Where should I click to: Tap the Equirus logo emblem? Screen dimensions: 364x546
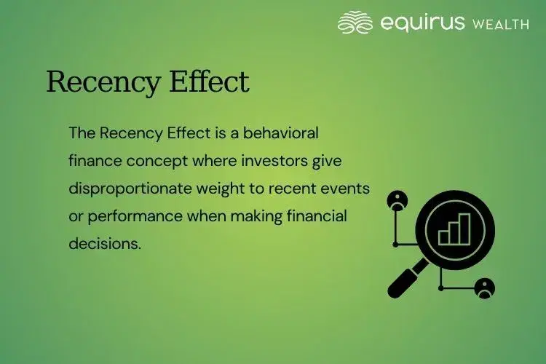(x=355, y=23)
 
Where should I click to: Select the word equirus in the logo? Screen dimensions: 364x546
(x=423, y=23)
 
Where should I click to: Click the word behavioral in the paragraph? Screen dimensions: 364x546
(x=281, y=133)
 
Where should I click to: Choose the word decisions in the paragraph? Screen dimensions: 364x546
(x=103, y=244)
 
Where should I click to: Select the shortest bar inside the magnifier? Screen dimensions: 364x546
(x=443, y=237)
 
